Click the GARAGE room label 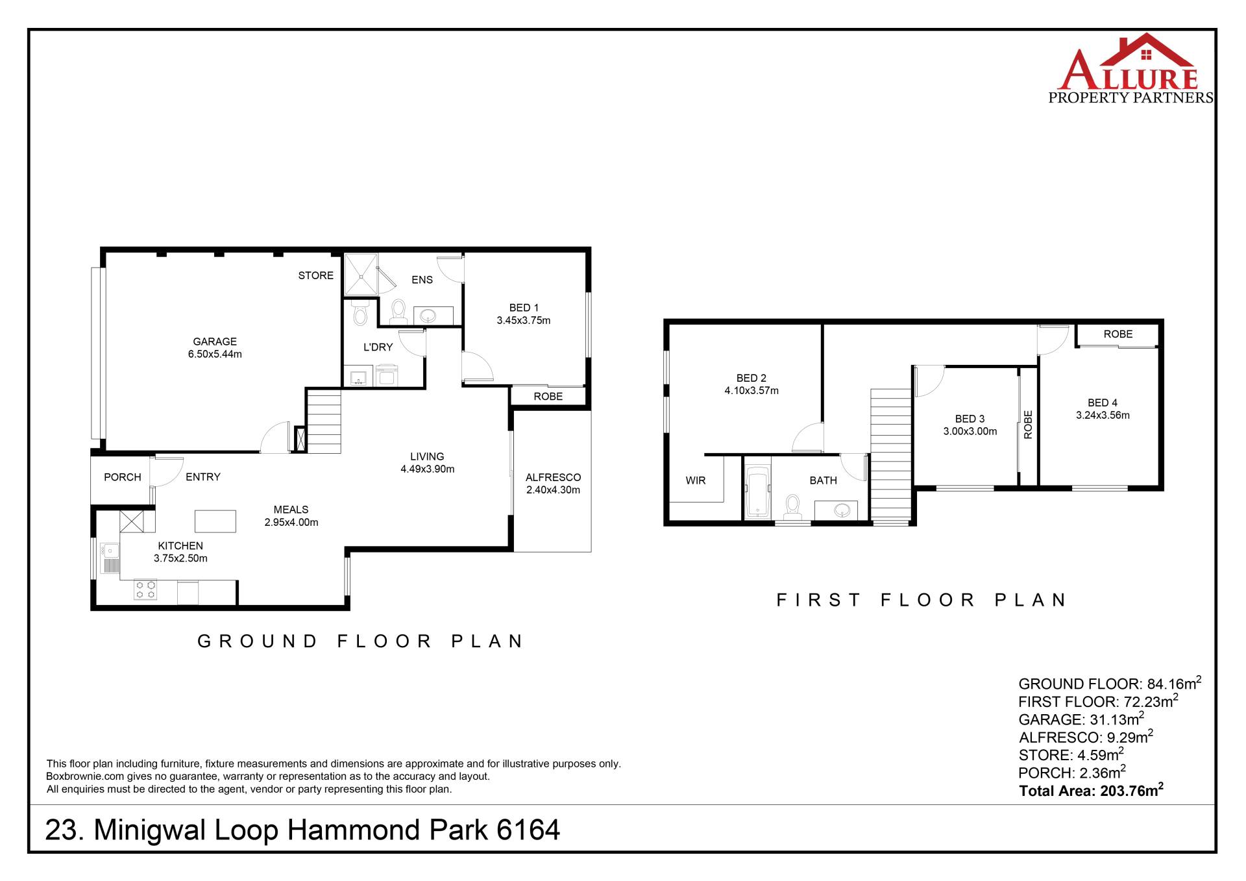pyautogui.click(x=215, y=341)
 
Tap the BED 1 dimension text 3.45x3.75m pyautogui.click(x=524, y=320)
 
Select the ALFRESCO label pyautogui.click(x=553, y=477)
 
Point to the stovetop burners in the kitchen pyautogui.click(x=145, y=589)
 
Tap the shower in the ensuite pyautogui.click(x=361, y=274)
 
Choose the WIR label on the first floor pyautogui.click(x=696, y=480)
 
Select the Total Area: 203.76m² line pyautogui.click(x=1091, y=790)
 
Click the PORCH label pyautogui.click(x=122, y=477)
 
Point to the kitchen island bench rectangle pyautogui.click(x=215, y=521)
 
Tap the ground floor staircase pyautogui.click(x=323, y=421)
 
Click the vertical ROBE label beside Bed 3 pyautogui.click(x=1028, y=425)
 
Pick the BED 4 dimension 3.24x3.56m pyautogui.click(x=1103, y=416)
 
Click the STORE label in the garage pyautogui.click(x=316, y=275)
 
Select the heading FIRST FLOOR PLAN pyautogui.click(x=922, y=600)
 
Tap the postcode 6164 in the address pyautogui.click(x=528, y=830)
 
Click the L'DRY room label pyautogui.click(x=378, y=347)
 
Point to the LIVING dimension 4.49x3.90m pyautogui.click(x=427, y=469)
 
